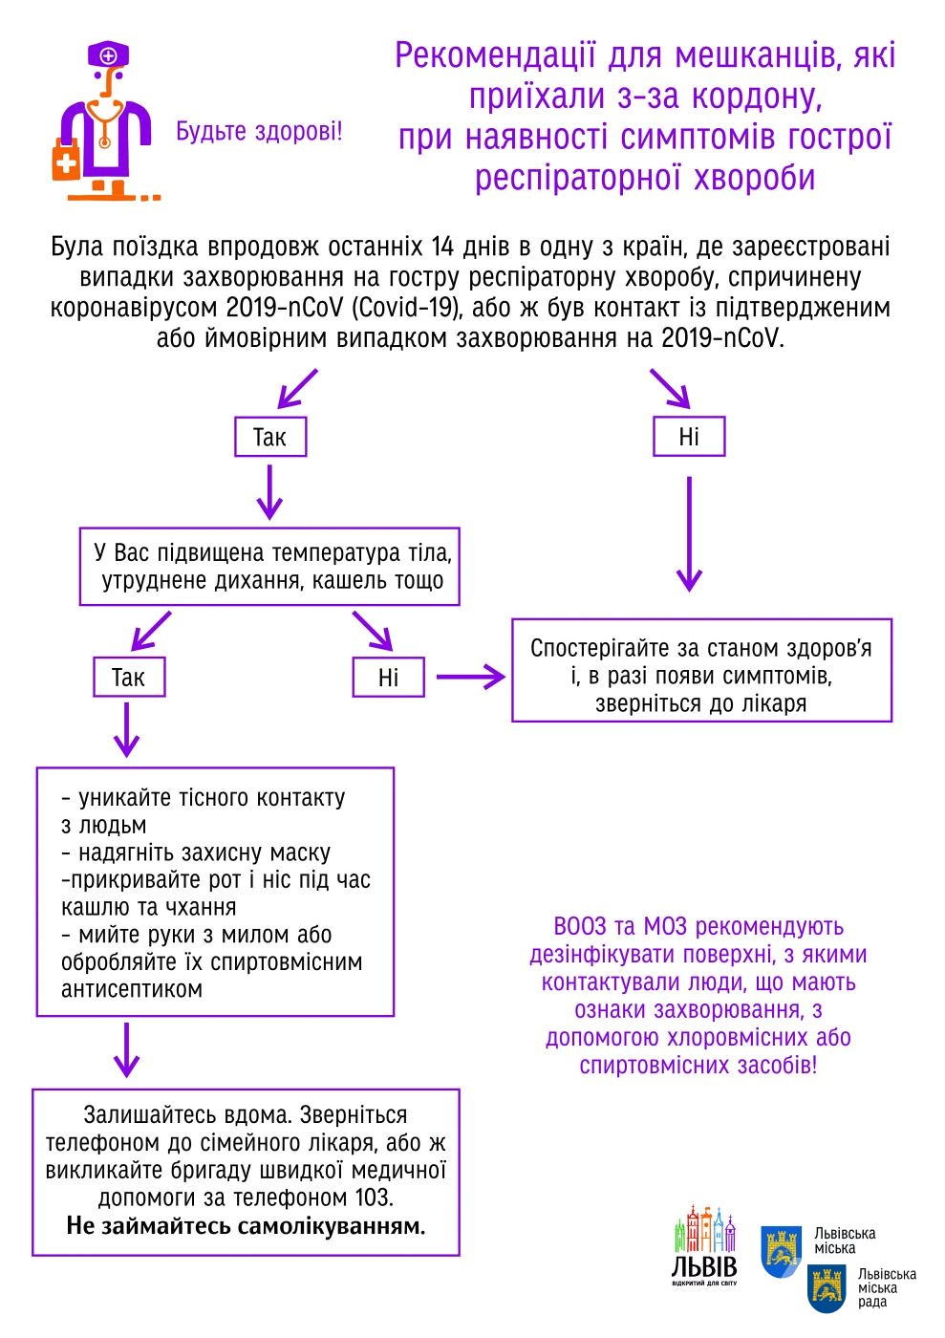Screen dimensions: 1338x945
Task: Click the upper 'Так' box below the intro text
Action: pyautogui.click(x=270, y=438)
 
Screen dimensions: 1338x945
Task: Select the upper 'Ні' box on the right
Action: pyautogui.click(x=689, y=437)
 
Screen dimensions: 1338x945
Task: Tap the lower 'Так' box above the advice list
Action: pyautogui.click(x=129, y=678)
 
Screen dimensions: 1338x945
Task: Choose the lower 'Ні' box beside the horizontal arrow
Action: pyautogui.click(x=388, y=678)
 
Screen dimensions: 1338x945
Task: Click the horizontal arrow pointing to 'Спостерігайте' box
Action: pyautogui.click(x=470, y=678)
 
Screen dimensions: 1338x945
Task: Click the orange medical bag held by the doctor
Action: pyautogui.click(x=66, y=160)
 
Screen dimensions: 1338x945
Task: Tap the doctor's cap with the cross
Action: pyautogui.click(x=109, y=55)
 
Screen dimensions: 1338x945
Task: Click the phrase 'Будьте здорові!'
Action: pyautogui.click(x=259, y=131)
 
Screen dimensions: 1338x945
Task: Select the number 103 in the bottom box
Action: pyautogui.click(x=371, y=1198)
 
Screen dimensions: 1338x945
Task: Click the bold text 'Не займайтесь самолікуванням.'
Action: pyautogui.click(x=246, y=1225)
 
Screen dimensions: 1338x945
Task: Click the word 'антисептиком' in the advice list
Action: pyautogui.click(x=132, y=989)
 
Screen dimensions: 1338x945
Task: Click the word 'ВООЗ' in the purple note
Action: pyautogui.click(x=580, y=926)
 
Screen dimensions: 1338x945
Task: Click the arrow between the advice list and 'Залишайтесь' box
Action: pyautogui.click(x=126, y=1050)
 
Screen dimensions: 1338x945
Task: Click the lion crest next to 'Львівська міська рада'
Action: pyautogui.click(x=827, y=1286)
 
